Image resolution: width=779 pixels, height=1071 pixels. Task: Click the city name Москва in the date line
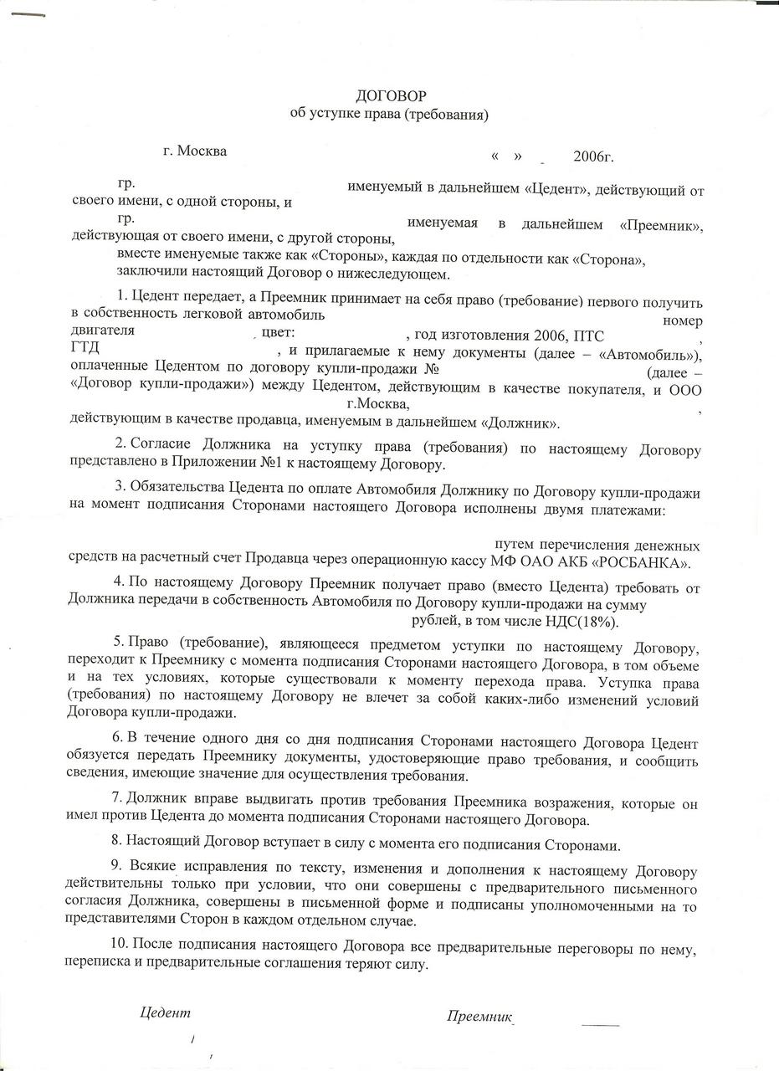(x=202, y=151)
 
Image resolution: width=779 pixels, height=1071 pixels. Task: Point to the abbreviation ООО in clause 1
(x=685, y=389)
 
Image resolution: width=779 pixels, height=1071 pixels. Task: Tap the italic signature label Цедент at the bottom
(x=165, y=1012)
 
